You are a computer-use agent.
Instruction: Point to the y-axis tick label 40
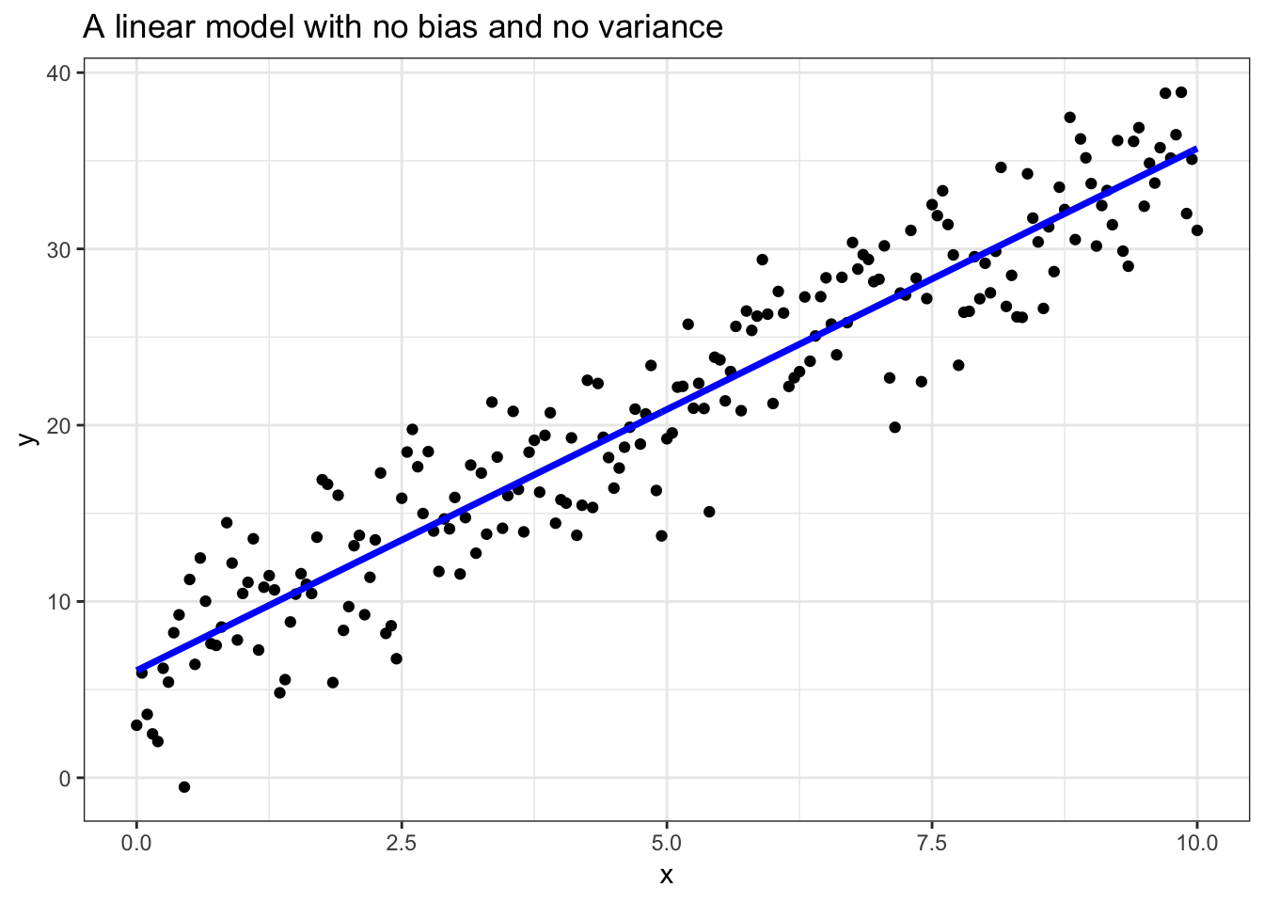coord(62,73)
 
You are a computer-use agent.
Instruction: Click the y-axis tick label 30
coord(62,249)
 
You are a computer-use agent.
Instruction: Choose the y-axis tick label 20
coord(62,425)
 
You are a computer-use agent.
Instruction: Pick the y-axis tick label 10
coord(62,601)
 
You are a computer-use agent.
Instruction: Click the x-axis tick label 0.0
coord(136,843)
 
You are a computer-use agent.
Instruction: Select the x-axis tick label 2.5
coord(402,843)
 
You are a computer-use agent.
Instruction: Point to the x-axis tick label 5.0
coord(667,843)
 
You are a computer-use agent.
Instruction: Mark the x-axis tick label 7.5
coord(932,843)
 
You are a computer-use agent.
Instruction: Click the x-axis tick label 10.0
coord(1196,843)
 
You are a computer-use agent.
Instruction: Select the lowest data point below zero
coord(184,787)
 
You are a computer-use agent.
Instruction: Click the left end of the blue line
coord(137,669)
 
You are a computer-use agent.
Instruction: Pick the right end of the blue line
coord(1196,149)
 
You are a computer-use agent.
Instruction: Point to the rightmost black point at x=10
coord(1196,230)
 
